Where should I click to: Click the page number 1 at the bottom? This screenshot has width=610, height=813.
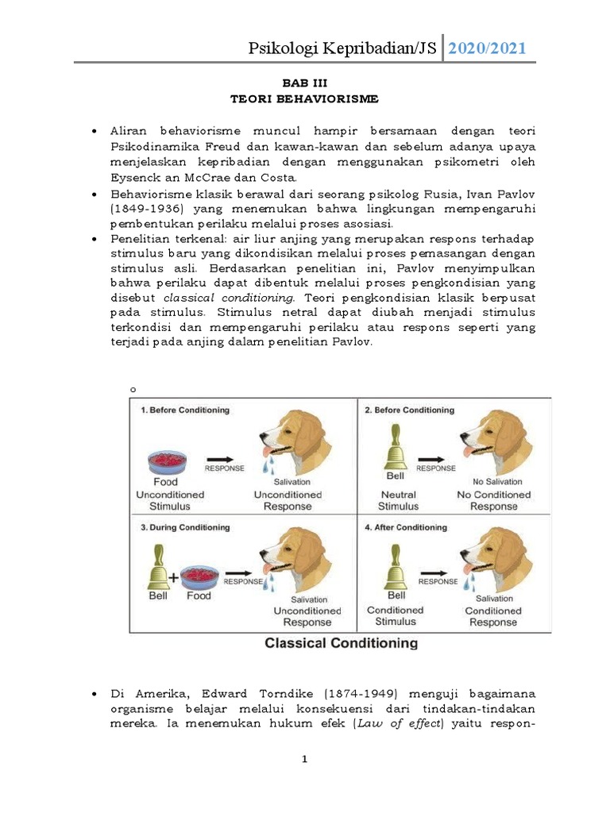(304, 759)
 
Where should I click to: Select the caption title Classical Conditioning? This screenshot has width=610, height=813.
(341, 642)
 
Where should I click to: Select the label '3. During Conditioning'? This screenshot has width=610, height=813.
(184, 527)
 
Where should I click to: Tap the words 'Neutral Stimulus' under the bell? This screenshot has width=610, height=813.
(397, 500)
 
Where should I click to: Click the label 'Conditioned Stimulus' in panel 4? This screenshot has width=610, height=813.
(395, 617)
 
